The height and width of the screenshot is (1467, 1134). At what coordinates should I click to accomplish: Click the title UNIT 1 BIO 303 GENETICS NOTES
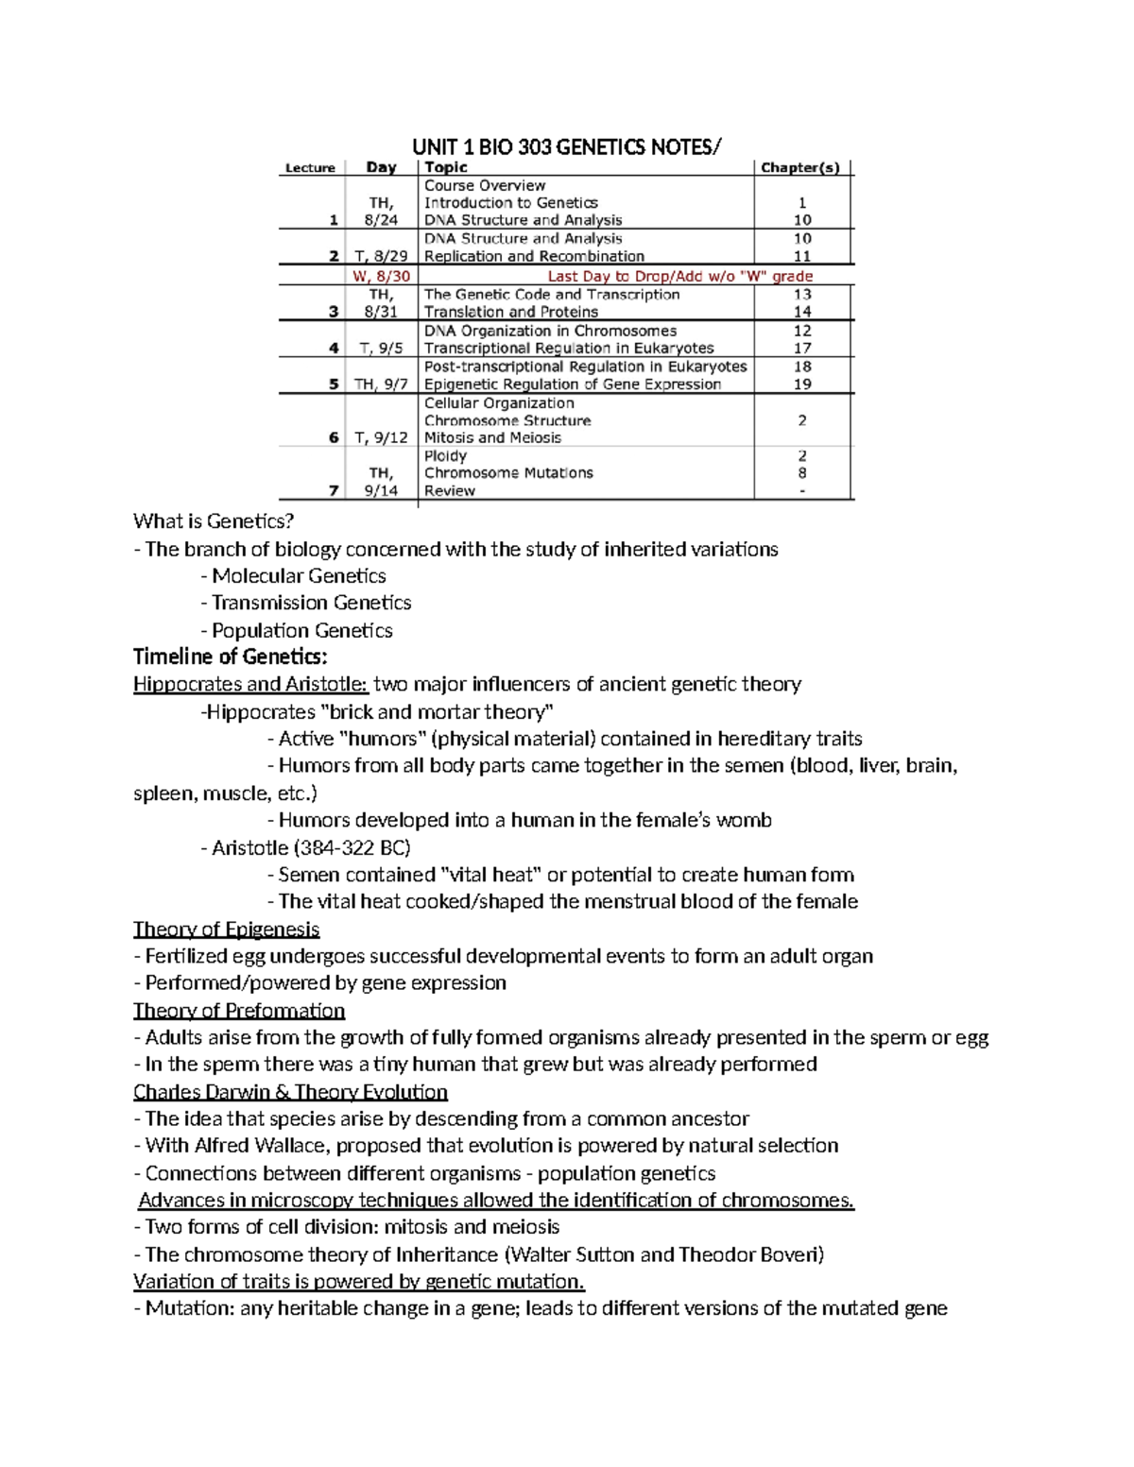click(x=566, y=146)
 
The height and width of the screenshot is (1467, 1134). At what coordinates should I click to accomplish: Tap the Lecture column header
click(x=310, y=168)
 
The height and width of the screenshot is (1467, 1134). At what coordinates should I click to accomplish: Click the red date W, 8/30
click(x=381, y=276)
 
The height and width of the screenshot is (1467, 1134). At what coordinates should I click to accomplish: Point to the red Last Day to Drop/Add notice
click(x=680, y=276)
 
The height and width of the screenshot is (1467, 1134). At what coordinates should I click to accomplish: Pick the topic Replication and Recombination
click(x=534, y=256)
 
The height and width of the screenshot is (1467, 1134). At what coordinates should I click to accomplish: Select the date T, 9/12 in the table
click(x=381, y=437)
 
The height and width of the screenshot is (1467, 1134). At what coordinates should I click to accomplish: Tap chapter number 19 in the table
click(x=802, y=384)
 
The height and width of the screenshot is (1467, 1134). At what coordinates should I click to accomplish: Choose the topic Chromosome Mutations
click(x=508, y=472)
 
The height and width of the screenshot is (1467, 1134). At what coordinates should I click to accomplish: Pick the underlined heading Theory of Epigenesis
click(x=227, y=929)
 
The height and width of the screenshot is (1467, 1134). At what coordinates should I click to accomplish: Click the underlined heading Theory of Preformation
click(x=239, y=1011)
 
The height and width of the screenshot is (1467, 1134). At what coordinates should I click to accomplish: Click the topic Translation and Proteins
click(x=511, y=312)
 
